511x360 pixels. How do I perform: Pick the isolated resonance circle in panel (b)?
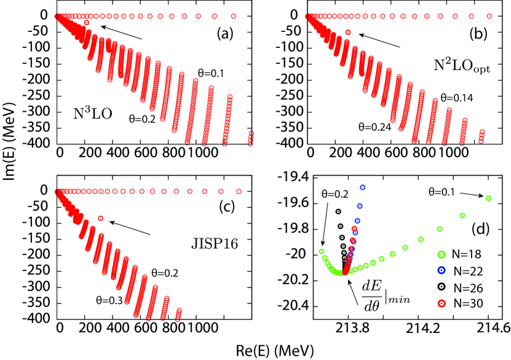click(x=349, y=32)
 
